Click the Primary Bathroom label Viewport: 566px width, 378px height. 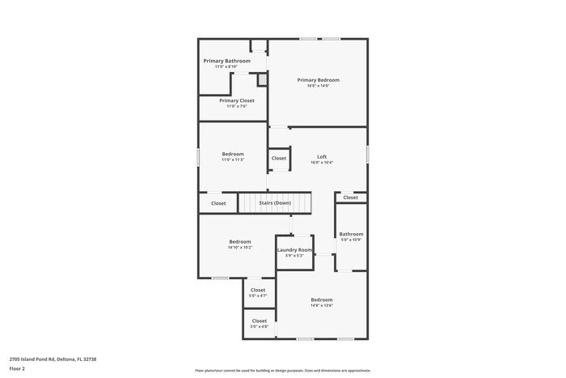[226, 61]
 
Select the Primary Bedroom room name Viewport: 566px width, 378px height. [318, 80]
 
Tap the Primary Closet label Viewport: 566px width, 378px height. [237, 100]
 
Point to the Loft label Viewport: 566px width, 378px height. [322, 156]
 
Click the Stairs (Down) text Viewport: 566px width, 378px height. [275, 202]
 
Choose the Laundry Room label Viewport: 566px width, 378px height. [294, 250]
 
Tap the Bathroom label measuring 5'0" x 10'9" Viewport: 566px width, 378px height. [351, 234]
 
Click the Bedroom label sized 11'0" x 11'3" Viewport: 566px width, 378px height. [233, 154]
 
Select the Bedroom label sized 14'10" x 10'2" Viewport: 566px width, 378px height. [240, 241]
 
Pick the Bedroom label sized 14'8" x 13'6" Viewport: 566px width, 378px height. [322, 300]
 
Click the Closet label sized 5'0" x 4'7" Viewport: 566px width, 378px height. [258, 290]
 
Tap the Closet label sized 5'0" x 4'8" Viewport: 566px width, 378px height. [259, 321]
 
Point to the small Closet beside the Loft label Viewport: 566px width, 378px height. [279, 159]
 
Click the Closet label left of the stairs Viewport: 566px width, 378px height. [218, 203]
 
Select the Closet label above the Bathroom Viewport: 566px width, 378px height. [350, 197]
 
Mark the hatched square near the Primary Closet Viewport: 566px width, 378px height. [262, 80]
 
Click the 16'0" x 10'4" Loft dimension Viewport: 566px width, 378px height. [322, 163]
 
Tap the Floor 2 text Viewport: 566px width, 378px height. [18, 368]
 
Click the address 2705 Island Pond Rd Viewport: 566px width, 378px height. [49, 358]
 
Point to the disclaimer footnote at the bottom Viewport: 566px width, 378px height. [283, 370]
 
